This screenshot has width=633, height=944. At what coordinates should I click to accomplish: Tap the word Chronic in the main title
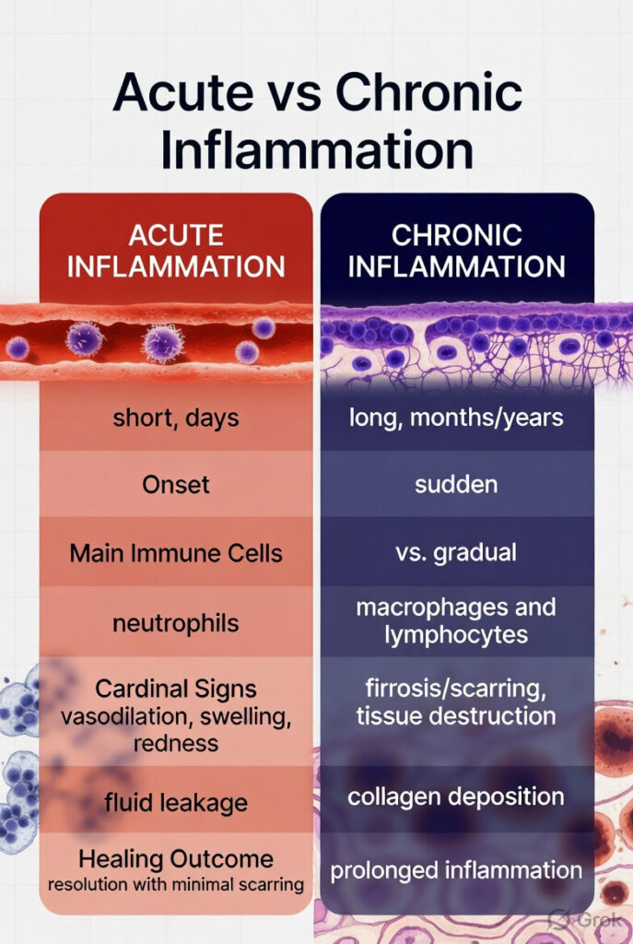(427, 95)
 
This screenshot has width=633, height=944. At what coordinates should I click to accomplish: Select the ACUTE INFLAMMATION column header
(176, 251)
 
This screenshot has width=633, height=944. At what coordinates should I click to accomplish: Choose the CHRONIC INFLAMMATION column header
(457, 251)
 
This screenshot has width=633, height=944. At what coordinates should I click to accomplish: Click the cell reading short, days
(176, 417)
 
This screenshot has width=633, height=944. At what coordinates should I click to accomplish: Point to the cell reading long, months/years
(457, 417)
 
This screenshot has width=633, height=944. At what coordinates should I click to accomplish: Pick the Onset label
(176, 485)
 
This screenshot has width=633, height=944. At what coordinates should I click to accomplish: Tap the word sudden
(457, 485)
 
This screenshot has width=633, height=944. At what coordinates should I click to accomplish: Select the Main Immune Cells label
(176, 554)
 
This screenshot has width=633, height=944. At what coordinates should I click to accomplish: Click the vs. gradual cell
(457, 554)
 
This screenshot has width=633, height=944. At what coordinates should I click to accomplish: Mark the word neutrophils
(176, 623)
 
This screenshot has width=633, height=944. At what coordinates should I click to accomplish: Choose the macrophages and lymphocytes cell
(457, 621)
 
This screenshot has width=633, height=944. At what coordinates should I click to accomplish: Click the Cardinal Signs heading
(176, 690)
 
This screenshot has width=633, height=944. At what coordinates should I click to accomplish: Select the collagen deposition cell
(457, 796)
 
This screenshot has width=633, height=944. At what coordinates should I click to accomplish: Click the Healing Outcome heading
(176, 859)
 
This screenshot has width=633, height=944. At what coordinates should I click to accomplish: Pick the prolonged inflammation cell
(457, 869)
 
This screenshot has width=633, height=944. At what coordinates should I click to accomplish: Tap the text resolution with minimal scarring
(176, 885)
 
